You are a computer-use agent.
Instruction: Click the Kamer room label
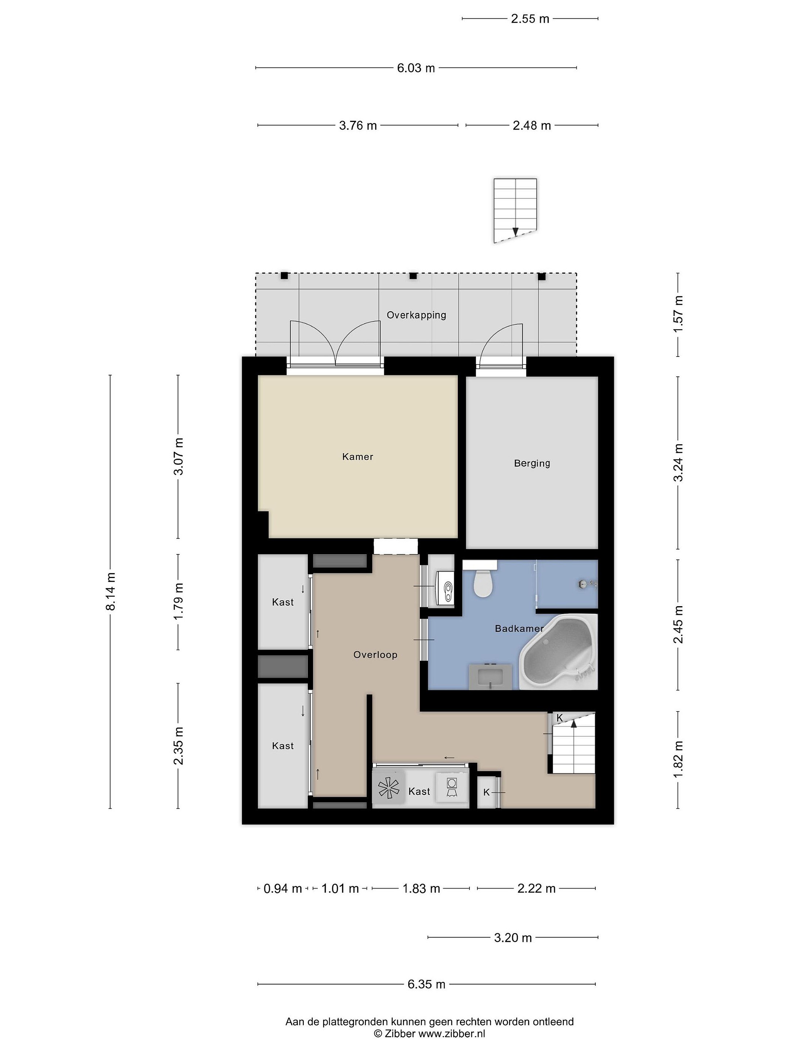point(357,457)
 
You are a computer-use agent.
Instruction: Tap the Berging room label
point(532,463)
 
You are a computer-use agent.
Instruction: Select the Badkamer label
point(519,629)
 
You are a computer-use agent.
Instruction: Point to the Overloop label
point(375,655)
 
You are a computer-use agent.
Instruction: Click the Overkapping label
point(416,315)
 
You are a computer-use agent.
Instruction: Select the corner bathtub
point(558,651)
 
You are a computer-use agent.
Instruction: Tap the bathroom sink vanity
point(490,676)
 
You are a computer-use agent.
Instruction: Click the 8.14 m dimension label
point(110,592)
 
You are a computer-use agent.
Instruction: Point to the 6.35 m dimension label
point(426,984)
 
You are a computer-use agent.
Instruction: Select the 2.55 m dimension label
point(530,19)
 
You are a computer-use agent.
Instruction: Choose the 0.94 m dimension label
point(283,889)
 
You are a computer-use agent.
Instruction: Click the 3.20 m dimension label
point(513,938)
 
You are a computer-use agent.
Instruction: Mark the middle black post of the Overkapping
point(413,276)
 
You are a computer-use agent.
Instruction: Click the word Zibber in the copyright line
point(400,1034)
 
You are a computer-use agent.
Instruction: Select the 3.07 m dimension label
point(179,457)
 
